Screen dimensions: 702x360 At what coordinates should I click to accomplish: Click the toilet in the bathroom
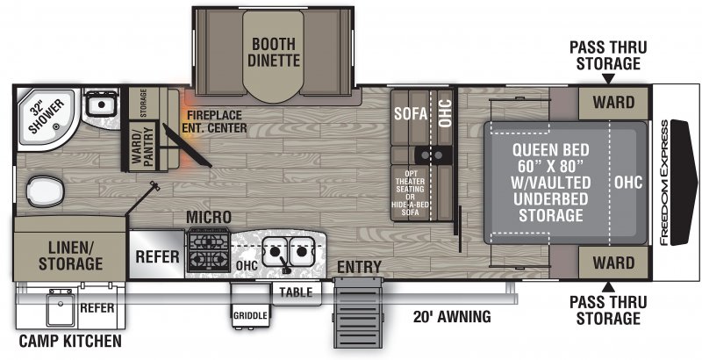point(45,191)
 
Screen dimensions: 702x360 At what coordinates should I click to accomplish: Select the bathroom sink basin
point(101,104)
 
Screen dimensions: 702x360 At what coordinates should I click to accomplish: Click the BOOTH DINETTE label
point(274,52)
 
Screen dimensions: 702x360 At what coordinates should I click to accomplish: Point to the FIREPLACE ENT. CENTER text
point(214,121)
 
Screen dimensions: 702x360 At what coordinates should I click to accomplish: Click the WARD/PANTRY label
point(143,147)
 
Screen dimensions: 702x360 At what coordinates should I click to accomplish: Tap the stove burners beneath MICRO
point(209,249)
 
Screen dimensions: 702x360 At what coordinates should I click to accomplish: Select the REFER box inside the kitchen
point(157,255)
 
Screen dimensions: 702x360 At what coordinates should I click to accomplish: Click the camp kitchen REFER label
point(97,307)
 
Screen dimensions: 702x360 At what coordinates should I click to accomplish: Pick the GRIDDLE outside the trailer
point(250,315)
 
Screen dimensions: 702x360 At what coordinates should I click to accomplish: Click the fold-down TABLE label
point(296,292)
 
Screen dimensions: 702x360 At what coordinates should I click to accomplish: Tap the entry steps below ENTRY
point(358,312)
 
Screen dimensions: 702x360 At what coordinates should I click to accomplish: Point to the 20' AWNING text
point(452,317)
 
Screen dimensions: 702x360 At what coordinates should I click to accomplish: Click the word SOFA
point(411,114)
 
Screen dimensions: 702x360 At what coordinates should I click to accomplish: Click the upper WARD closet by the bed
point(613,103)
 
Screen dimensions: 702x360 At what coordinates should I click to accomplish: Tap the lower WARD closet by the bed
point(613,263)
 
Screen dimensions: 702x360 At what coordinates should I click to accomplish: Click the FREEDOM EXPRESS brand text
point(664,183)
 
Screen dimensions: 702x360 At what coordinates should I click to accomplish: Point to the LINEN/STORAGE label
point(70,256)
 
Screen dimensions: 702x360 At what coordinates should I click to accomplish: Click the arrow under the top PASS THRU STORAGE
point(607,79)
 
